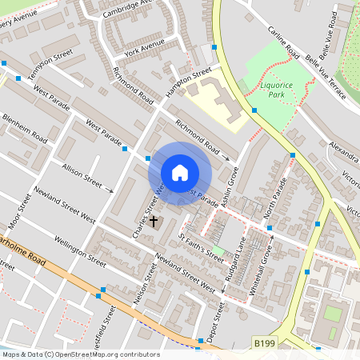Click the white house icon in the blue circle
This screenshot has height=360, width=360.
tap(180, 173)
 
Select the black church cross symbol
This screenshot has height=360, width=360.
tap(154, 221)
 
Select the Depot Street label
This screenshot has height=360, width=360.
tap(214, 321)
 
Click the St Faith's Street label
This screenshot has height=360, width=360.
tap(202, 246)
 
